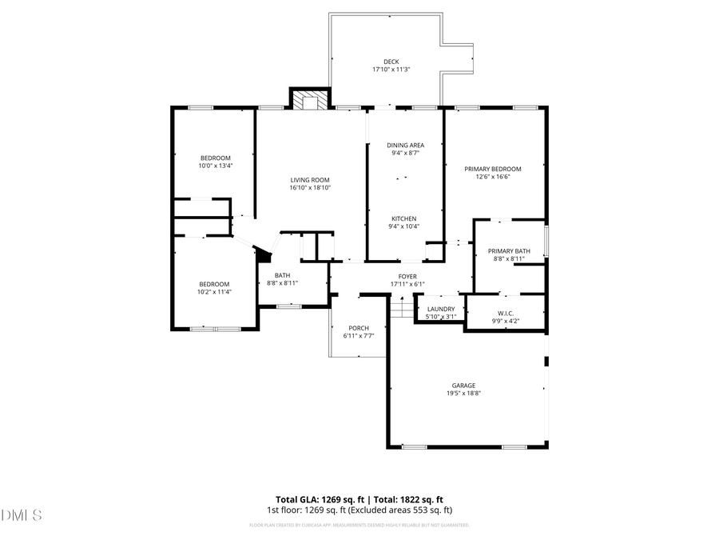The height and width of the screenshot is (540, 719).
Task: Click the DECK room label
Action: pyautogui.click(x=391, y=62)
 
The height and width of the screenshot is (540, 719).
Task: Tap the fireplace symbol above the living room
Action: pyautogui.click(x=309, y=100)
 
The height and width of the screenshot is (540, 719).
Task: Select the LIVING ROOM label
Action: pyautogui.click(x=310, y=180)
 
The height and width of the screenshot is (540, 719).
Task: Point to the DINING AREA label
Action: pyautogui.click(x=405, y=145)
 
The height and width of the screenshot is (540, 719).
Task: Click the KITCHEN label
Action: pyautogui.click(x=403, y=218)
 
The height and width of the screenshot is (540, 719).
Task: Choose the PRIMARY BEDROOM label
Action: pyautogui.click(x=493, y=169)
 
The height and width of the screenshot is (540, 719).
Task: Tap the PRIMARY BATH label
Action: pyautogui.click(x=508, y=250)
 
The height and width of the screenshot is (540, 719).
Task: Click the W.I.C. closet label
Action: pyautogui.click(x=505, y=313)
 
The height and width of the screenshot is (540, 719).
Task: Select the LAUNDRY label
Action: pyautogui.click(x=441, y=309)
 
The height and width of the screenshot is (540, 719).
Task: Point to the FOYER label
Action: pyautogui.click(x=407, y=276)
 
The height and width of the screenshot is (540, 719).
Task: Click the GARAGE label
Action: pyautogui.click(x=463, y=385)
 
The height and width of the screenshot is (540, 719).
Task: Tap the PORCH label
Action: pyautogui.click(x=359, y=328)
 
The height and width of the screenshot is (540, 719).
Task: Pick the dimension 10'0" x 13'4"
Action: pyautogui.click(x=216, y=166)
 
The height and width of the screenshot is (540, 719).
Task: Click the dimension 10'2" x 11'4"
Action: pyautogui.click(x=215, y=292)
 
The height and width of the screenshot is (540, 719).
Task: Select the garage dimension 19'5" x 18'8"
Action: pyautogui.click(x=463, y=393)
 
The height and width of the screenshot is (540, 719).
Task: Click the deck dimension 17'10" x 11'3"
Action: pyautogui.click(x=391, y=70)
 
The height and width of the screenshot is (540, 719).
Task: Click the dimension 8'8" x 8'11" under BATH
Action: pyautogui.click(x=282, y=283)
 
